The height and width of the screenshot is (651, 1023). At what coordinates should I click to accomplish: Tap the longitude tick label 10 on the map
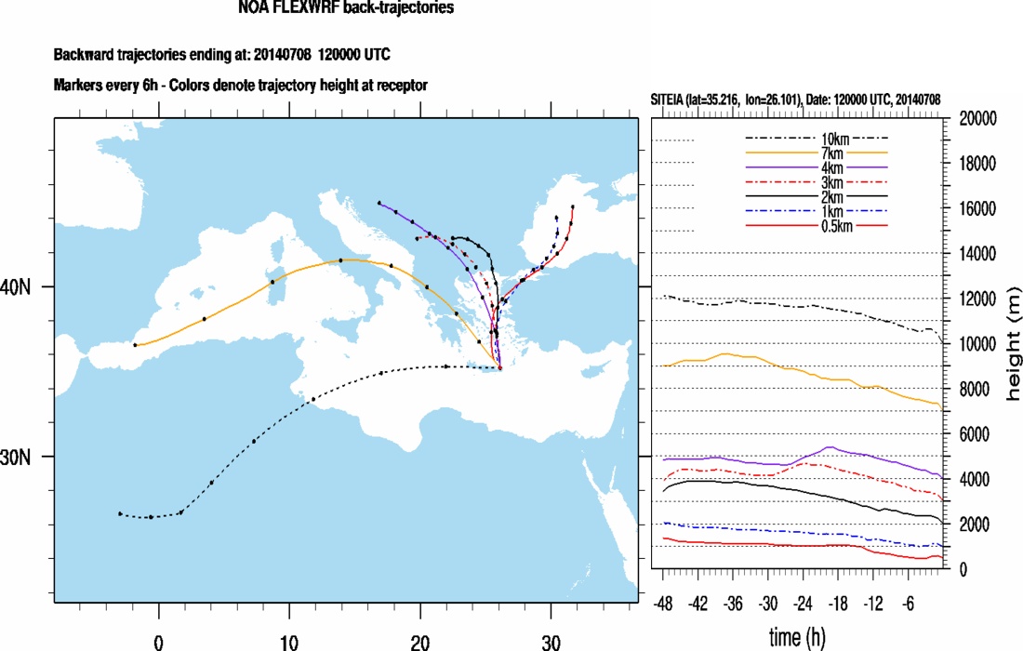[x=289, y=642]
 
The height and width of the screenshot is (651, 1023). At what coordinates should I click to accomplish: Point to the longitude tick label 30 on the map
[x=551, y=642]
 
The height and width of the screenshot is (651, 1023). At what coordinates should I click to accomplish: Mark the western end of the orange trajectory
[x=136, y=345]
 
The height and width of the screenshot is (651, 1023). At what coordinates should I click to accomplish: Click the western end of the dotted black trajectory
[x=120, y=513]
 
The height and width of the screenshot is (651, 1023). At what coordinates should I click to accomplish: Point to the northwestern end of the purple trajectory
[x=379, y=203]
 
